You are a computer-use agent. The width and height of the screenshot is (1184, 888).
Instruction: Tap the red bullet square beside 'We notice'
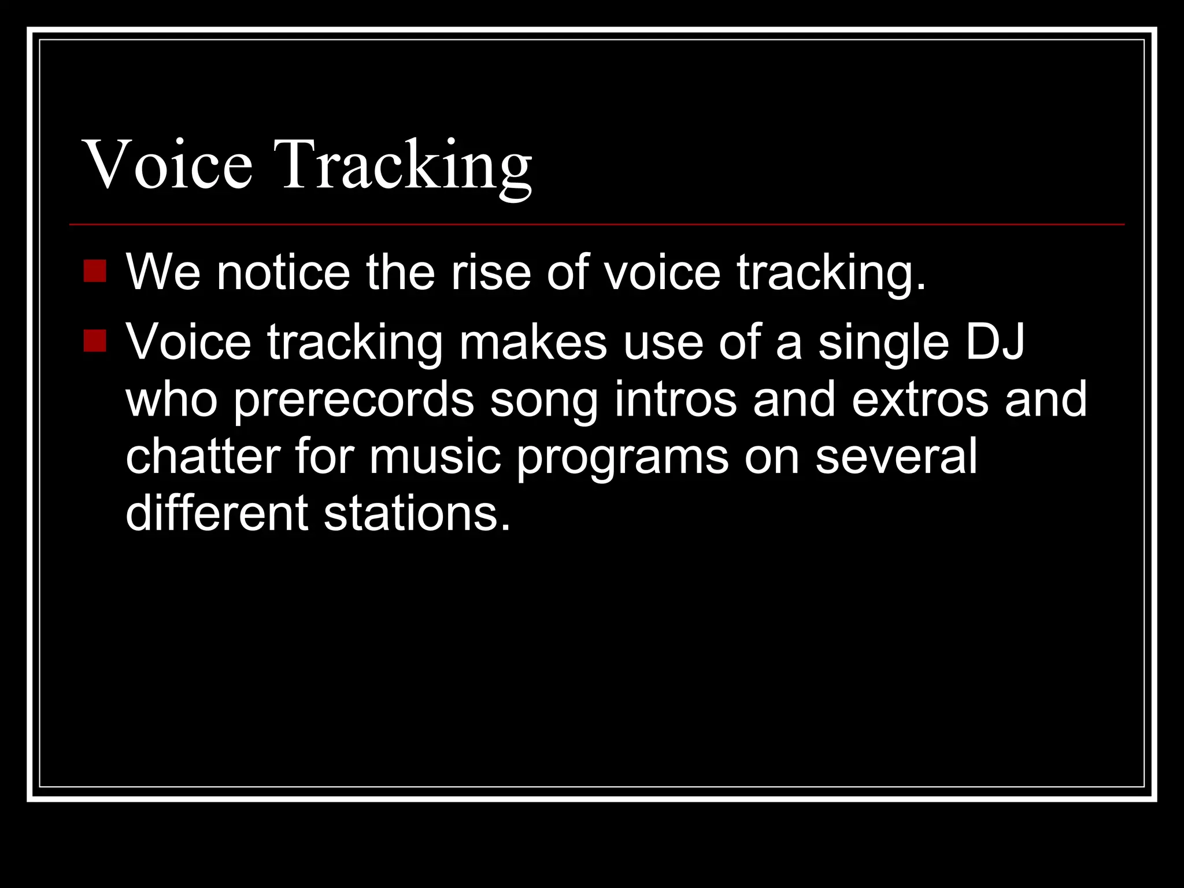click(95, 271)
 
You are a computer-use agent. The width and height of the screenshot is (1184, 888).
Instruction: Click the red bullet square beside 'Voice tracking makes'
click(95, 341)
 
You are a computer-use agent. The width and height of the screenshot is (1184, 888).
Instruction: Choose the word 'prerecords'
click(354, 400)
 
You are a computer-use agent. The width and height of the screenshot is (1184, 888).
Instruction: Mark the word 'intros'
click(675, 400)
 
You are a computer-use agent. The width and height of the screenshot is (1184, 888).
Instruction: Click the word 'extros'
click(920, 400)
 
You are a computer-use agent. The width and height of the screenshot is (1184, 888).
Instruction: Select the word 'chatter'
click(203, 457)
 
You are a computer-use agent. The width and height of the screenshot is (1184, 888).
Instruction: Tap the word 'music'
click(435, 457)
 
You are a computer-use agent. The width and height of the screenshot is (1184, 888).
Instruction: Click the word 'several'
click(896, 457)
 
